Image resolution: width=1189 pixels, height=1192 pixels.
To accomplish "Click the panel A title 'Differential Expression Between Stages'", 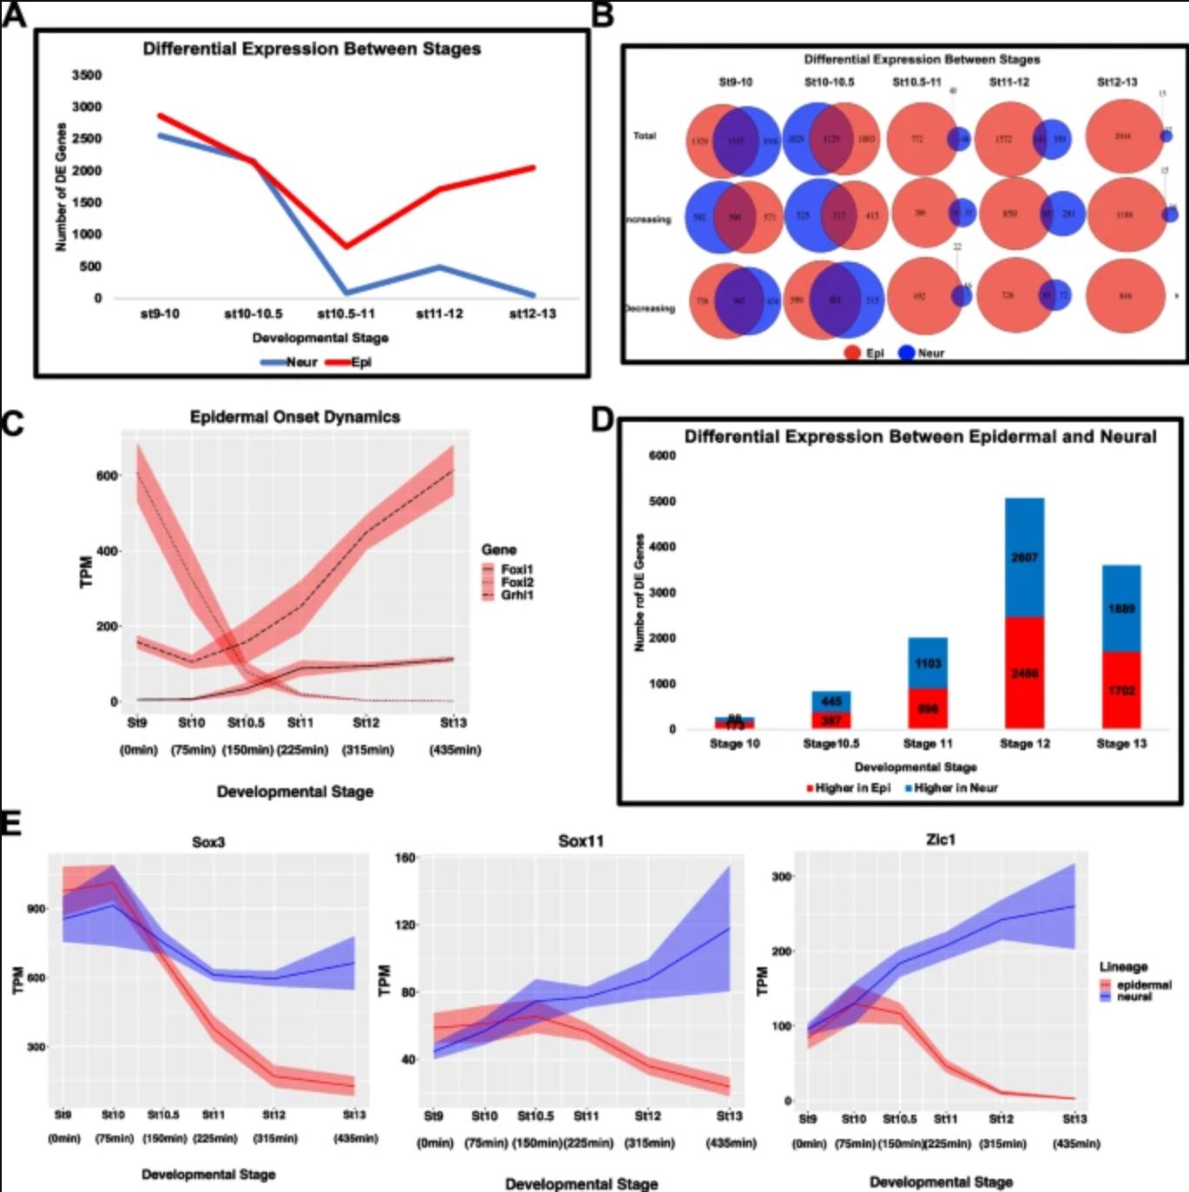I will (x=312, y=49).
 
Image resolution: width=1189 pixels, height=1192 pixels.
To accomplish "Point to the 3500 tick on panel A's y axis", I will (x=87, y=76).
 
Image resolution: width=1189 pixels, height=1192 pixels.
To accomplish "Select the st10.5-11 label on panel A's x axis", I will (x=345, y=313).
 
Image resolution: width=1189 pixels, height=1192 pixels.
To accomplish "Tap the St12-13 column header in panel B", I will (x=1116, y=82).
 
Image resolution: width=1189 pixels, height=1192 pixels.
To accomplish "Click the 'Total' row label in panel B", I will (x=644, y=136).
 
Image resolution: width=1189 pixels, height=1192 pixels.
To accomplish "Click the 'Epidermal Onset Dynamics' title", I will (x=295, y=417).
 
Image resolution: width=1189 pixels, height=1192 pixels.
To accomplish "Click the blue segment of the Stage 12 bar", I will (x=1024, y=557).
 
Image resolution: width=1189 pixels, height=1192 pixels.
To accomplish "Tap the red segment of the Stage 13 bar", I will (x=1121, y=690).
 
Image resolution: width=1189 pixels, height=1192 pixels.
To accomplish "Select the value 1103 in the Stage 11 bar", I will (x=928, y=663).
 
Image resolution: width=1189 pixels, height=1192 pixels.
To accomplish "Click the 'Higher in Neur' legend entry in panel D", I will (x=951, y=787).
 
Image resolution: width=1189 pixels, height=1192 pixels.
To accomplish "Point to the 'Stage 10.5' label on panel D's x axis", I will (x=831, y=744).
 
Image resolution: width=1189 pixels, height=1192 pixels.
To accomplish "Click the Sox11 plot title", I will (x=581, y=840).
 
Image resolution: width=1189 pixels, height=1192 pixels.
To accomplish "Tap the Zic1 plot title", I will (x=941, y=840).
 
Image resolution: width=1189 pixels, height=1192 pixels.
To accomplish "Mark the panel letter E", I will (x=10, y=822).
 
